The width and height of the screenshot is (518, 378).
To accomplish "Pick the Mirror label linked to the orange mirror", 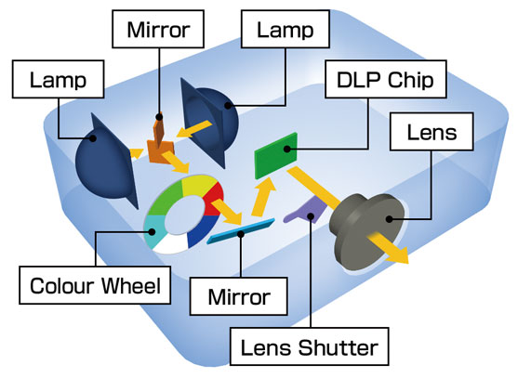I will coord(157,29).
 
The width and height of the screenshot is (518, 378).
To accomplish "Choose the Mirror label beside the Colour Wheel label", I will coord(239,297).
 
